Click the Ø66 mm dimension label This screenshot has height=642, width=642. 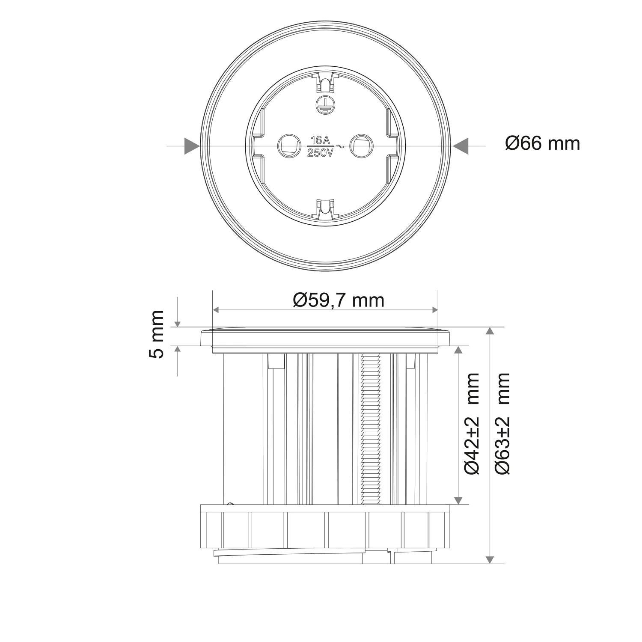click(542, 143)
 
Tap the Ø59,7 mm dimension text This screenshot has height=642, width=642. click(338, 300)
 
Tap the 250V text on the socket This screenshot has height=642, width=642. click(321, 153)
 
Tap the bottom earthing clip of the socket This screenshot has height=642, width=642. click(325, 211)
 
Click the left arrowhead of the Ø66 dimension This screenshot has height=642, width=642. click(192, 146)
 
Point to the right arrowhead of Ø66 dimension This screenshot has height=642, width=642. click(461, 146)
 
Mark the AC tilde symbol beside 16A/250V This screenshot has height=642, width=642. click(340, 146)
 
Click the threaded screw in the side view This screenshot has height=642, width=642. click(371, 428)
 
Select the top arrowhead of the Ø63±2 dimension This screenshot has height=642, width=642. click(490, 331)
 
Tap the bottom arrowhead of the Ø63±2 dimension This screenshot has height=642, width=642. click(490, 559)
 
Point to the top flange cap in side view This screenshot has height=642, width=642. click(325, 338)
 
